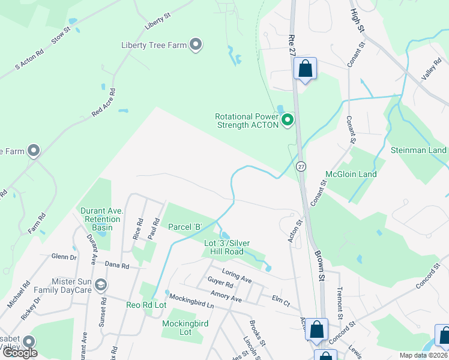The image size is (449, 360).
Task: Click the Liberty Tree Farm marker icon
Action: click(x=196, y=44)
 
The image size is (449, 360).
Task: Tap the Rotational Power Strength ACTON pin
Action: click(x=288, y=121)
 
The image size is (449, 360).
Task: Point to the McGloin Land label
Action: click(x=351, y=175)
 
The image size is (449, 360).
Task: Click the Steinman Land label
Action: click(x=418, y=150)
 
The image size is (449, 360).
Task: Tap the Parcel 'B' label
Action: click(x=185, y=227)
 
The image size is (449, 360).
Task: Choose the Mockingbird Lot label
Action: click(x=185, y=328)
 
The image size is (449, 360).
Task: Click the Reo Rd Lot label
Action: click(x=145, y=305)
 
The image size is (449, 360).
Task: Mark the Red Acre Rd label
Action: click(x=103, y=103)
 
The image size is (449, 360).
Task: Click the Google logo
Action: click(x=20, y=353)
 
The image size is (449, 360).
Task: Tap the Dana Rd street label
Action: click(x=116, y=265)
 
